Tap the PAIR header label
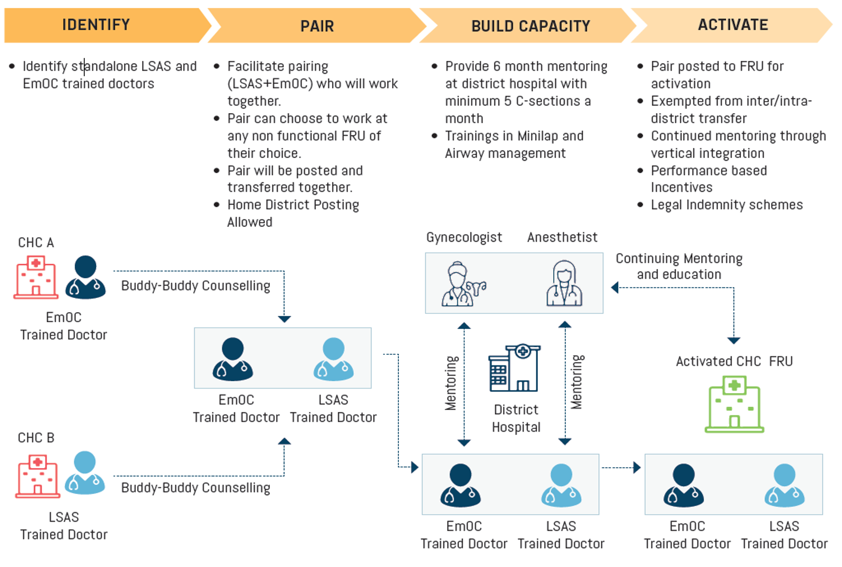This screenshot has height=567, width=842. [317, 26]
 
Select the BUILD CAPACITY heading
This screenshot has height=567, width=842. [530, 26]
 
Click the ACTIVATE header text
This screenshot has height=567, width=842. [733, 25]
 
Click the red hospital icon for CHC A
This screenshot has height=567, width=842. [36, 277]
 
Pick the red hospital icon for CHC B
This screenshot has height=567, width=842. [37, 476]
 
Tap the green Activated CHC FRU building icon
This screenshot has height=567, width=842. [734, 404]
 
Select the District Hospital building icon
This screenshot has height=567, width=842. [515, 368]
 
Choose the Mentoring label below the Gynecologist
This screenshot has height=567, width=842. [451, 383]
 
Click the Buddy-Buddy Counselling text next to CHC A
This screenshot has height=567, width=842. [195, 286]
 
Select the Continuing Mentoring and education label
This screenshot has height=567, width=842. [679, 266]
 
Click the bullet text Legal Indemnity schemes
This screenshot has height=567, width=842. [726, 205]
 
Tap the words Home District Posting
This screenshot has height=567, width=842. [293, 205]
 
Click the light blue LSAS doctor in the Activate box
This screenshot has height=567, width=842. [784, 485]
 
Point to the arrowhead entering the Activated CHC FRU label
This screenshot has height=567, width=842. [734, 341]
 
